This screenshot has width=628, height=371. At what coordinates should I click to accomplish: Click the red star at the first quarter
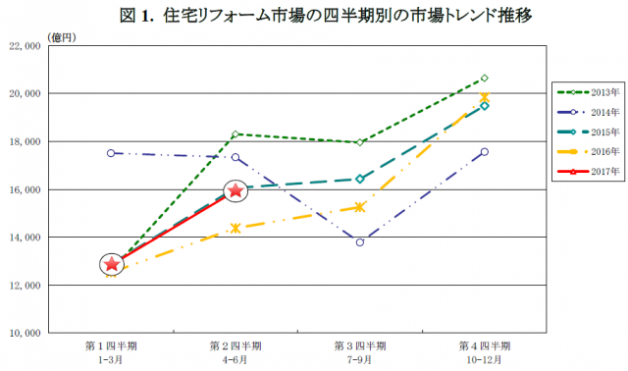[112, 263]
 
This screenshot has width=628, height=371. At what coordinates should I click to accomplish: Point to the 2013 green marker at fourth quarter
[485, 78]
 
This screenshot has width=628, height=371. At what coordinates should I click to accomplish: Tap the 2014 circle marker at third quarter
[360, 241]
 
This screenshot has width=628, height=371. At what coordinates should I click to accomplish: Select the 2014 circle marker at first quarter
[111, 153]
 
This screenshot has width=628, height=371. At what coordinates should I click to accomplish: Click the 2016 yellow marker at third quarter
[360, 207]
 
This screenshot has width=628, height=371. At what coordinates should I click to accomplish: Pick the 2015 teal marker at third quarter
[360, 179]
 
